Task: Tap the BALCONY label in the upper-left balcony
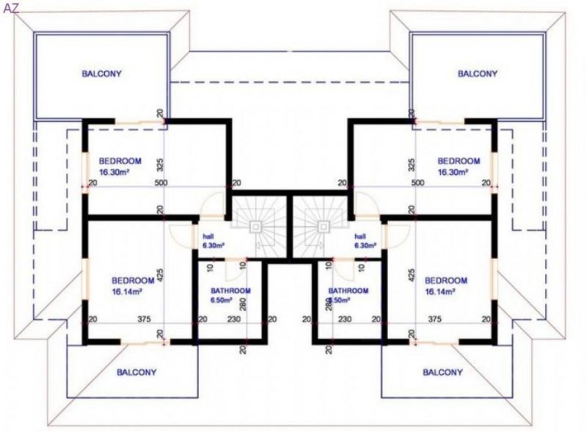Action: pos(101,74)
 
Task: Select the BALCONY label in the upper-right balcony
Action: pos(477,74)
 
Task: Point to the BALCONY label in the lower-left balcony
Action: pos(137,372)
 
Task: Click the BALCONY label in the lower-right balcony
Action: pos(443,372)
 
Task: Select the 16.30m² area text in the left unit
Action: pos(120,172)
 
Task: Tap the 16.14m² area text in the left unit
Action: pos(127,291)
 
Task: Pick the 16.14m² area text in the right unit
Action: pos(440,291)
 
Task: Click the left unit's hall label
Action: pos(208,237)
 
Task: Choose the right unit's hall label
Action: pos(360,237)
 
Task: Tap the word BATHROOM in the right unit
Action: pos(349,291)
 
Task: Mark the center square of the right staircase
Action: pos(321,227)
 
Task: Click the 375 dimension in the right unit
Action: pos(434,319)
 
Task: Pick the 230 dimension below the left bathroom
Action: pos(234,319)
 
